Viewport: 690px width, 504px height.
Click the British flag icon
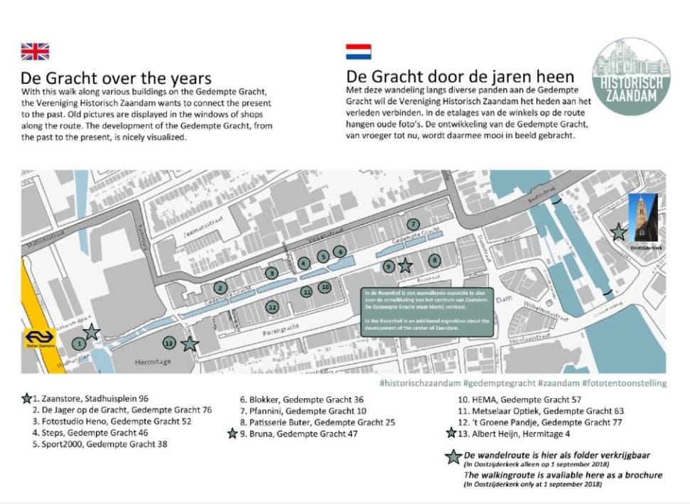click(35, 51)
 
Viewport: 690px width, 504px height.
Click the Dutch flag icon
click(358, 51)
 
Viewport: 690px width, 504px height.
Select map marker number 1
click(80, 343)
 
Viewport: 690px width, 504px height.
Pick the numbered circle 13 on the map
click(168, 343)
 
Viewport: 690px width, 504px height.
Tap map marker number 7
click(413, 224)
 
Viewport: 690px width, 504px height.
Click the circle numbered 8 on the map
click(434, 260)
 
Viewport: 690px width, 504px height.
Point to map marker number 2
click(221, 287)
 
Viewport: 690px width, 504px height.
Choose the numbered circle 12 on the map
click(271, 307)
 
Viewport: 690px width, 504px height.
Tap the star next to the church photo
click(619, 231)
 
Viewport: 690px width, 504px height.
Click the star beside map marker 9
click(405, 266)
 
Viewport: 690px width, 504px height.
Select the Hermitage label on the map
click(153, 362)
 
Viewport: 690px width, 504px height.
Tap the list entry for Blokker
click(301, 400)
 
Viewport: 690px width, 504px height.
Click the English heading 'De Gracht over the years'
click(116, 78)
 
